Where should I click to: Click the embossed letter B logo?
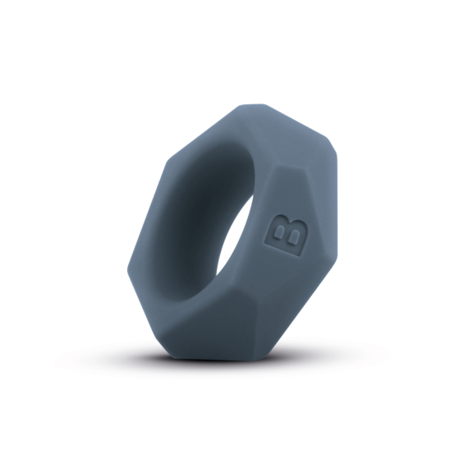point(287,236)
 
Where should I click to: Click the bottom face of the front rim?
point(209,345)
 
